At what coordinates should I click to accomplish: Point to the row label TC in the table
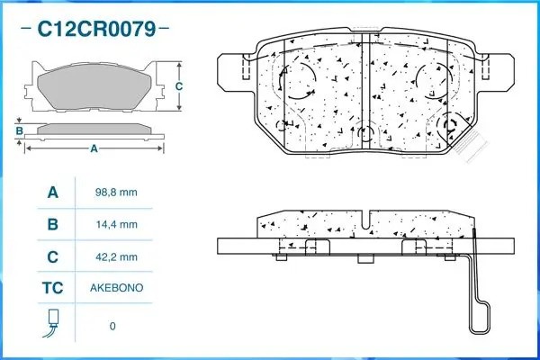[x=52, y=288]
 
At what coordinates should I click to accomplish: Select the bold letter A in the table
[x=52, y=193]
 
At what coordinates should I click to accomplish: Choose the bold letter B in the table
[x=52, y=224]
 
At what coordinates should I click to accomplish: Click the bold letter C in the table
[x=52, y=256]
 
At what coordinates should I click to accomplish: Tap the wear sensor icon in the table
[x=52, y=322]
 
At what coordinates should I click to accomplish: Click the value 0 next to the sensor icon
[x=112, y=326]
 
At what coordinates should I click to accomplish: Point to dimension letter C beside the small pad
[x=178, y=86]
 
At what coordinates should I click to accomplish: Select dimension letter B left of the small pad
[x=19, y=131]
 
